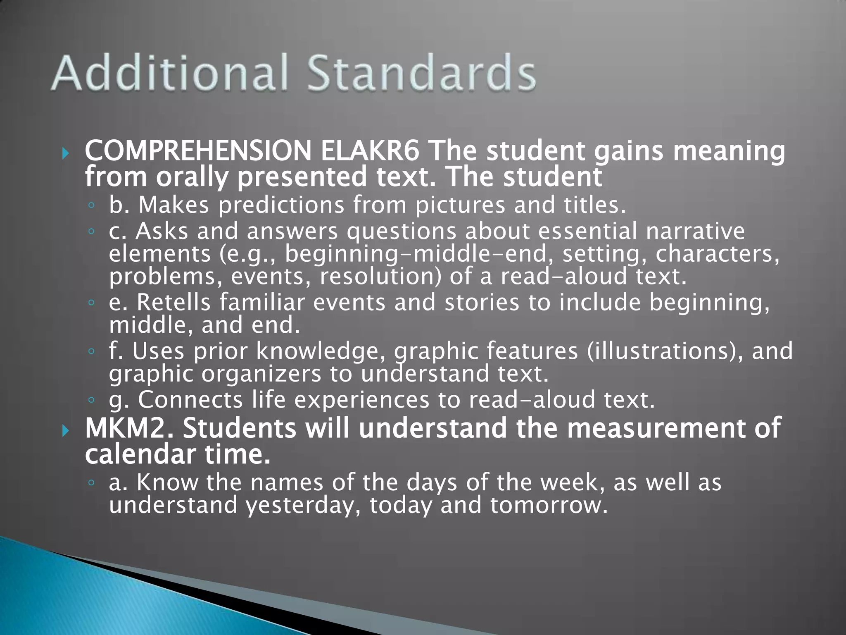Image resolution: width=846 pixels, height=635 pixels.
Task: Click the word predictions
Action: click(281, 205)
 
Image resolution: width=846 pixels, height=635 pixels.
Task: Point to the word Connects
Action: click(190, 400)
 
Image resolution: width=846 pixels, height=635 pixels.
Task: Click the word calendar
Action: click(140, 454)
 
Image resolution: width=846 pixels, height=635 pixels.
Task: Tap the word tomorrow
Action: click(549, 505)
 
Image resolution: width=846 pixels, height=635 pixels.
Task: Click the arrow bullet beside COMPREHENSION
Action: click(65, 154)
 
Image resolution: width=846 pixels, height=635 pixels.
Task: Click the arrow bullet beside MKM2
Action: click(65, 431)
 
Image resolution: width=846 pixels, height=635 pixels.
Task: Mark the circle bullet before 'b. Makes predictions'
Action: click(91, 205)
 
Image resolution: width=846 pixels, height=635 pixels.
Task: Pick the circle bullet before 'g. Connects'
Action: click(91, 400)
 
